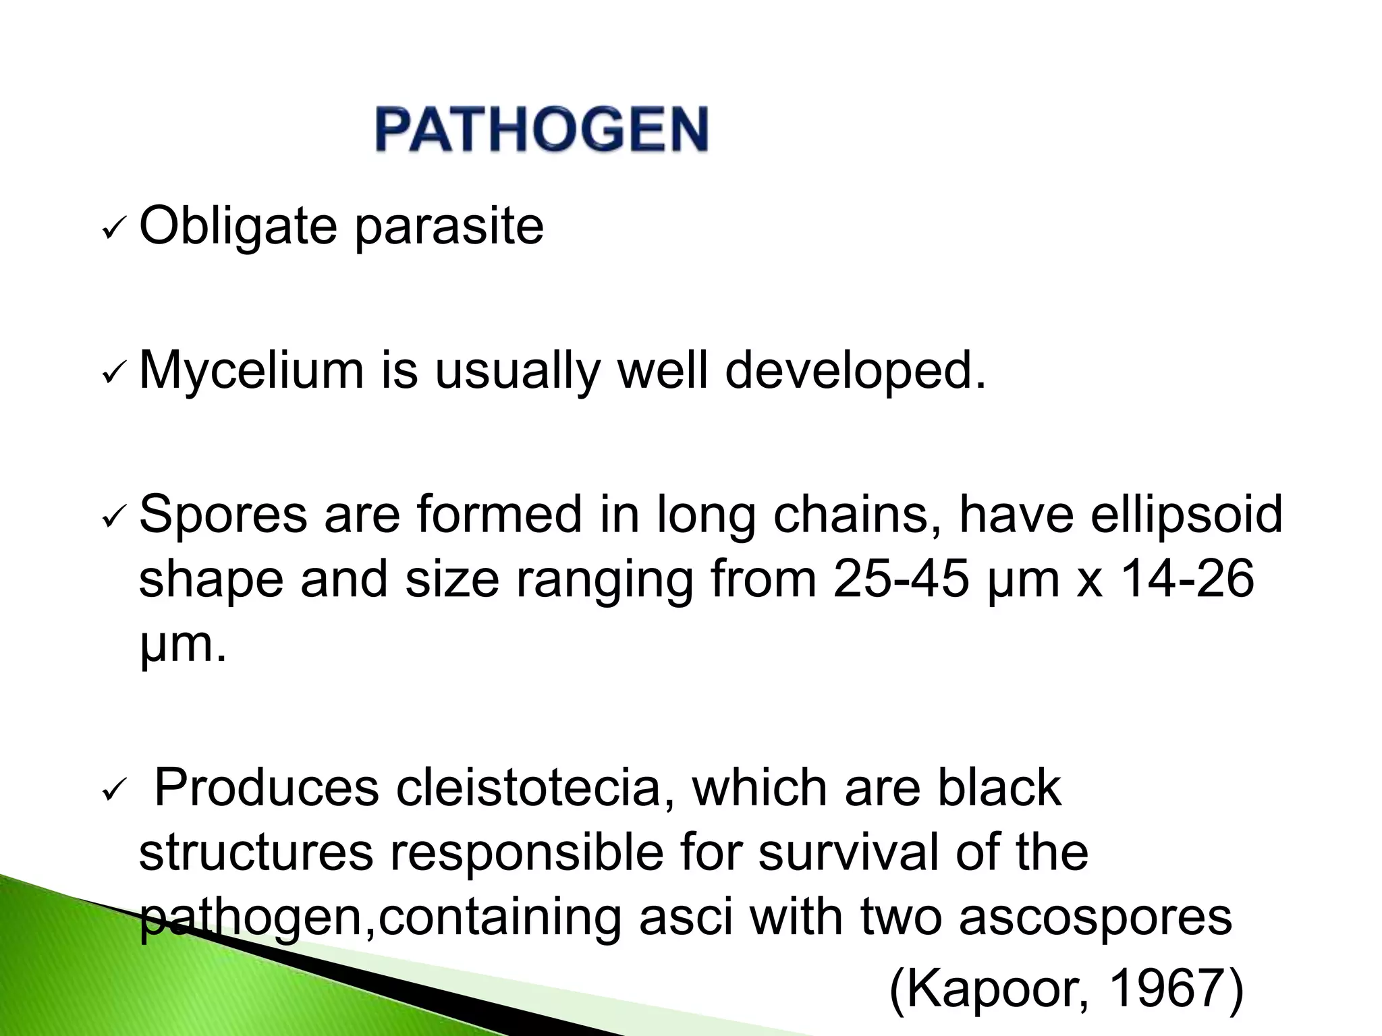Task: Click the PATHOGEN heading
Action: (542, 129)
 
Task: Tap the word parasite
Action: (449, 227)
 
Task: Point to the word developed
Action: (855, 371)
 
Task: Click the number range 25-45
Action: (900, 579)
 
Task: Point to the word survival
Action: (848, 853)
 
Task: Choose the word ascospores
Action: (1095, 918)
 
